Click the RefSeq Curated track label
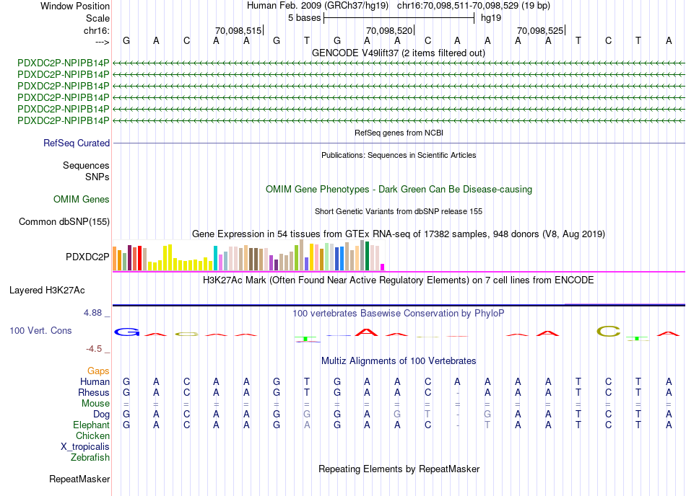77,143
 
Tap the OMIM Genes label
82,200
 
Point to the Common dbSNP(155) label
64,222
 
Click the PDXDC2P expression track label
87,256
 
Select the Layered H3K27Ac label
47,291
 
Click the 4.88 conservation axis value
94,313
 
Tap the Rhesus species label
94,392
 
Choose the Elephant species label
92,425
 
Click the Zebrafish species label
90,457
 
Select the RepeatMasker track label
79,479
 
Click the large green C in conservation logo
609,332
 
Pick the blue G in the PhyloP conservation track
127,332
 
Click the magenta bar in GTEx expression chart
383,267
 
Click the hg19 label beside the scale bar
491,17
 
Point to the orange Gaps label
98,371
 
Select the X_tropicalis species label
85,446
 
